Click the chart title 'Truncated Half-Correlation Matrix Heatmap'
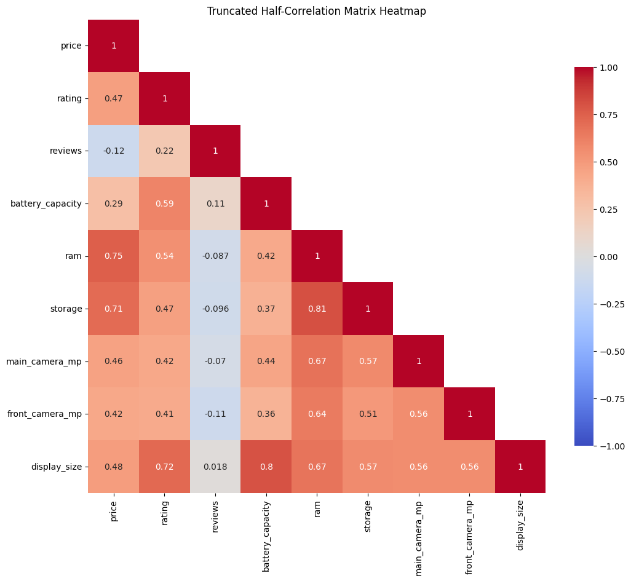[316, 11]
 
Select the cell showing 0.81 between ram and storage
[317, 309]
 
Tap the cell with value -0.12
[114, 151]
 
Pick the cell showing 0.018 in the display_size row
[215, 467]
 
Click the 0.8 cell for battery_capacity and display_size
[266, 467]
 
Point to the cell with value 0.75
[114, 256]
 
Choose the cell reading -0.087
[215, 256]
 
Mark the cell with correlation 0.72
[164, 467]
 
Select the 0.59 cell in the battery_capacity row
[164, 204]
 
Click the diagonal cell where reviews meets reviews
[215, 151]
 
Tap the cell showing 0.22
[164, 151]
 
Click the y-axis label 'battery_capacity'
[46, 204]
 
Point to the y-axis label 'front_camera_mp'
[44, 414]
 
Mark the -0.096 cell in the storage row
[215, 309]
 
